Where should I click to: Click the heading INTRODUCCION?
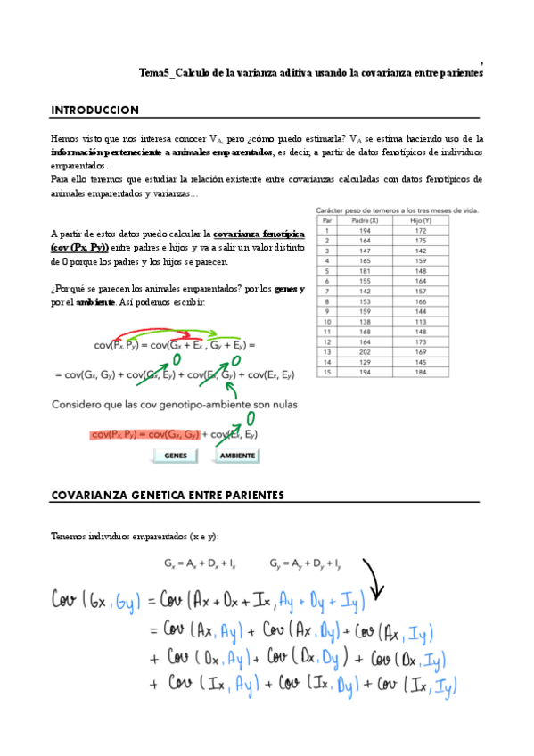pyautogui.click(x=94, y=111)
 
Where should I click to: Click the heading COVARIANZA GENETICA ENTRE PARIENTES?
pyautogui.click(x=168, y=495)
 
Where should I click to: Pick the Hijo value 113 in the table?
pyautogui.click(x=420, y=320)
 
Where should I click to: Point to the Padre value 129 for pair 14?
pyautogui.click(x=366, y=361)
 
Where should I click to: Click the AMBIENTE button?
pyautogui.click(x=237, y=456)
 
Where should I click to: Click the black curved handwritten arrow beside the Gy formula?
pyautogui.click(x=370, y=583)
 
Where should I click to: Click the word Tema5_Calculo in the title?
pyautogui.click(x=170, y=74)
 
